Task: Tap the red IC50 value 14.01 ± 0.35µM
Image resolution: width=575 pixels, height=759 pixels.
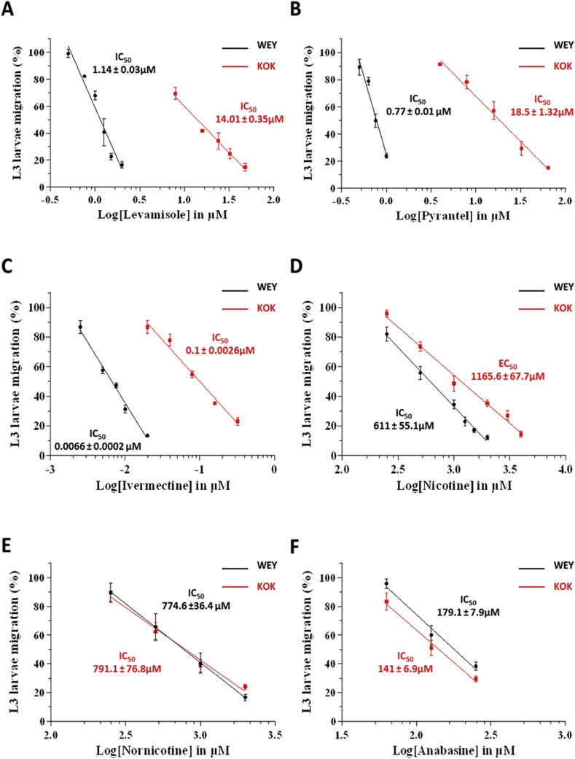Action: tap(249, 118)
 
